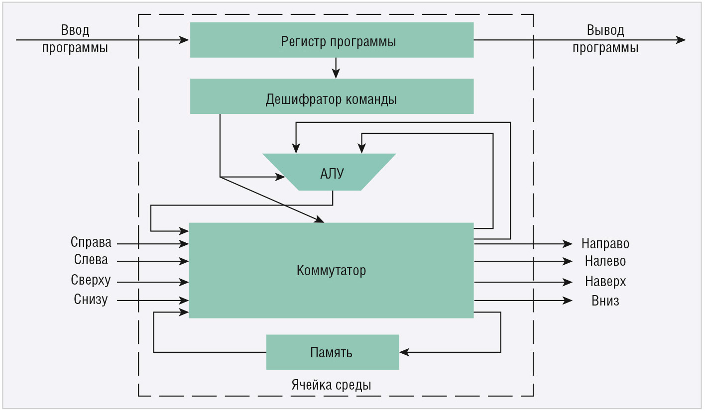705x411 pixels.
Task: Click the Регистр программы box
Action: [x=332, y=40]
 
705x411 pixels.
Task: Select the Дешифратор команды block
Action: [x=332, y=96]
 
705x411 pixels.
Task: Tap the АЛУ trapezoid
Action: [x=329, y=172]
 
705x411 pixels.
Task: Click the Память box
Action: [x=333, y=352]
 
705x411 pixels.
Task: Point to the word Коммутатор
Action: [x=331, y=271]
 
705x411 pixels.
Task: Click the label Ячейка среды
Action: [x=331, y=385]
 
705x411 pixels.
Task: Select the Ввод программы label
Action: [x=75, y=39]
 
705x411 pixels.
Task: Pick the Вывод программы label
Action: [x=605, y=39]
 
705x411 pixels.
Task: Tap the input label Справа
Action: [x=91, y=242]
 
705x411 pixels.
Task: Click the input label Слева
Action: [x=91, y=260]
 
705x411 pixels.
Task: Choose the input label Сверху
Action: [x=91, y=280]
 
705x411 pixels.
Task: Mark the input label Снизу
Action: [x=91, y=300]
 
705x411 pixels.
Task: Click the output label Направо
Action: [x=605, y=244]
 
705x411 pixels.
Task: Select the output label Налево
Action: [x=605, y=261]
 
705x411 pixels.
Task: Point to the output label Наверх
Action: [x=605, y=282]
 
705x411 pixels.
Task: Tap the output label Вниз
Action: [x=605, y=301]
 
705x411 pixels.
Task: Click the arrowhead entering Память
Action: [x=404, y=352]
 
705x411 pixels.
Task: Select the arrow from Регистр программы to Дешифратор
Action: [x=336, y=68]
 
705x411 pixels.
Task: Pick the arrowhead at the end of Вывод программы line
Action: [x=681, y=40]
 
